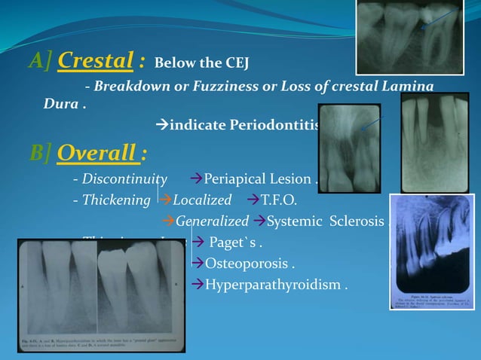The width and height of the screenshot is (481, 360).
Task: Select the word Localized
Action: (202, 200)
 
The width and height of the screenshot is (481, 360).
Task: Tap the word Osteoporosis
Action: (250, 264)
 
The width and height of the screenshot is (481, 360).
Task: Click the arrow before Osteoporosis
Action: (198, 264)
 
